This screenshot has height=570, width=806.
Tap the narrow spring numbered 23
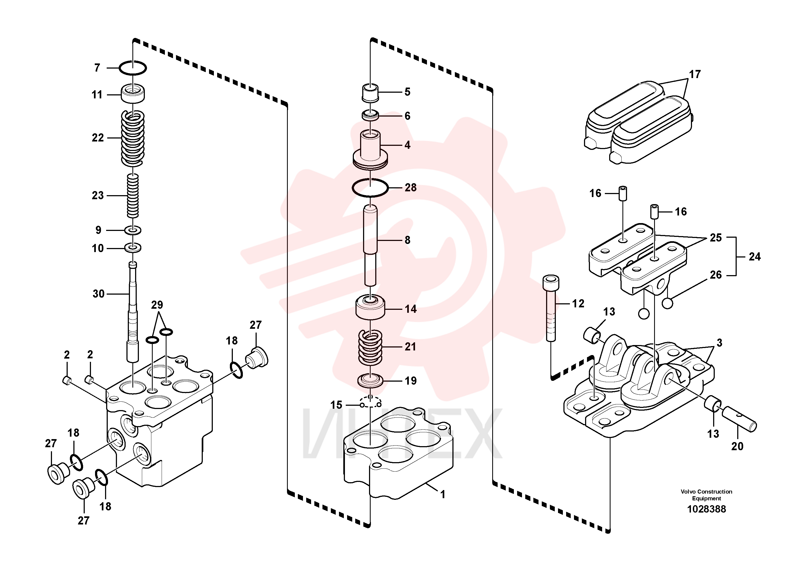tap(133, 196)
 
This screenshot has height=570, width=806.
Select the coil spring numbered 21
tap(370, 347)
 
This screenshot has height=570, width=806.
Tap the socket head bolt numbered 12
tap(551, 308)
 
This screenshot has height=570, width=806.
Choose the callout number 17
tap(695, 74)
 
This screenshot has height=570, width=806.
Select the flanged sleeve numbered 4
tap(370, 149)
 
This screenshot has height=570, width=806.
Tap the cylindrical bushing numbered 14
tap(370, 308)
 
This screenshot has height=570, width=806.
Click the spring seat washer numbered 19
tap(370, 381)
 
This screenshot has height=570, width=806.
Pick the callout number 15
tap(336, 405)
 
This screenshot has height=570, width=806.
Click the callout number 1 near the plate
tap(443, 494)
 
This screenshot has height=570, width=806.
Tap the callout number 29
tap(157, 305)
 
